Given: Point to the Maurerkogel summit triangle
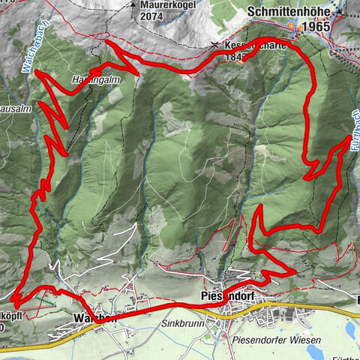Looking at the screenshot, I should point(131,4).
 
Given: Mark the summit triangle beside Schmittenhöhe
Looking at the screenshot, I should point(342,13).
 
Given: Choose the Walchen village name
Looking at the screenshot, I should point(96,318).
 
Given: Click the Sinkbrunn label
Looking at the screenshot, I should point(181,326).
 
